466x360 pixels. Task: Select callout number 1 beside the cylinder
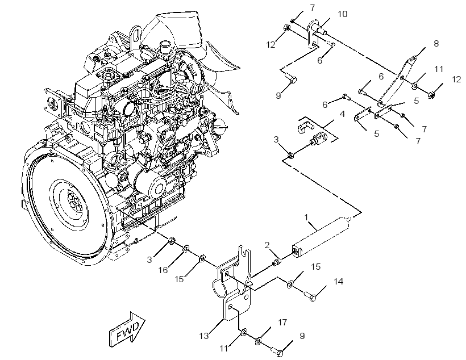[x=306, y=217]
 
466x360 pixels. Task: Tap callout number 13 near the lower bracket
[x=204, y=336]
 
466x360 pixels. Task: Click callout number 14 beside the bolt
[x=339, y=281]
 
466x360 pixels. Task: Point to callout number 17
[x=282, y=322]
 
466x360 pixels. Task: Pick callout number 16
[x=163, y=270]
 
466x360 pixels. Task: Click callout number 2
[x=267, y=245]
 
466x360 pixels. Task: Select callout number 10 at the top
[x=343, y=14]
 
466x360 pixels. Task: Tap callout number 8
[x=436, y=43]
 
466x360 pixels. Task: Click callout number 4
[x=342, y=114]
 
